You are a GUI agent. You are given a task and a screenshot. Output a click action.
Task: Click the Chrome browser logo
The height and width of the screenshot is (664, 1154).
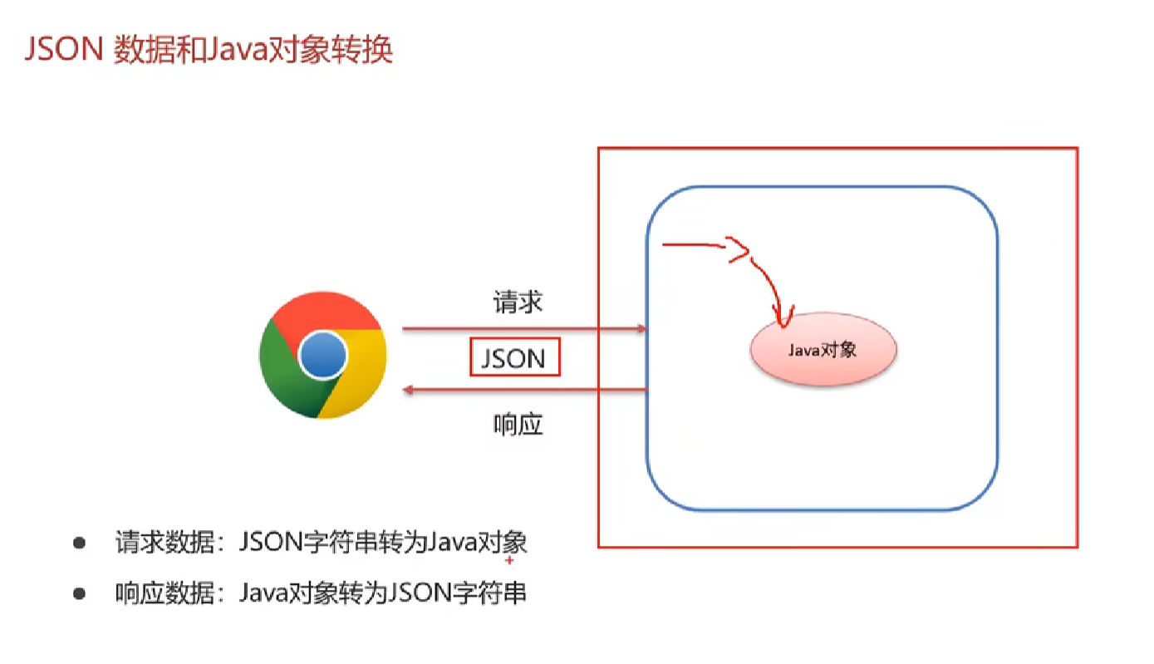322,356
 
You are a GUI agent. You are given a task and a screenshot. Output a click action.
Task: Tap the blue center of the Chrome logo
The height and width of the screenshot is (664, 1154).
322,357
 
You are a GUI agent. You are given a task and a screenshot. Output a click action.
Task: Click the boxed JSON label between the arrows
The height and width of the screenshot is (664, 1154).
514,357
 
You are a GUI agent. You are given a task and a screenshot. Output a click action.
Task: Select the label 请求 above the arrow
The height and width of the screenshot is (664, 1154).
517,302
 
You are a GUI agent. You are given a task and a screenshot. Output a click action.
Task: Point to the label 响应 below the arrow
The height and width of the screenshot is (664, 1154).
517,425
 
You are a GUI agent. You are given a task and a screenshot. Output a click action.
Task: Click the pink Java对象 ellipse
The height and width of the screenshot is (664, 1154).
823,351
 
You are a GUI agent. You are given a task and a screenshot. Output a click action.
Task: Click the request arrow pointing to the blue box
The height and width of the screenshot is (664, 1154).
523,329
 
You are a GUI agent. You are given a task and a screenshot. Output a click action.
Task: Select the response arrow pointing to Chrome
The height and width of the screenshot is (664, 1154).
523,390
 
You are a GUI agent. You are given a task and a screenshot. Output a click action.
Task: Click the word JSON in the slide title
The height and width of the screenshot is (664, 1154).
63,51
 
